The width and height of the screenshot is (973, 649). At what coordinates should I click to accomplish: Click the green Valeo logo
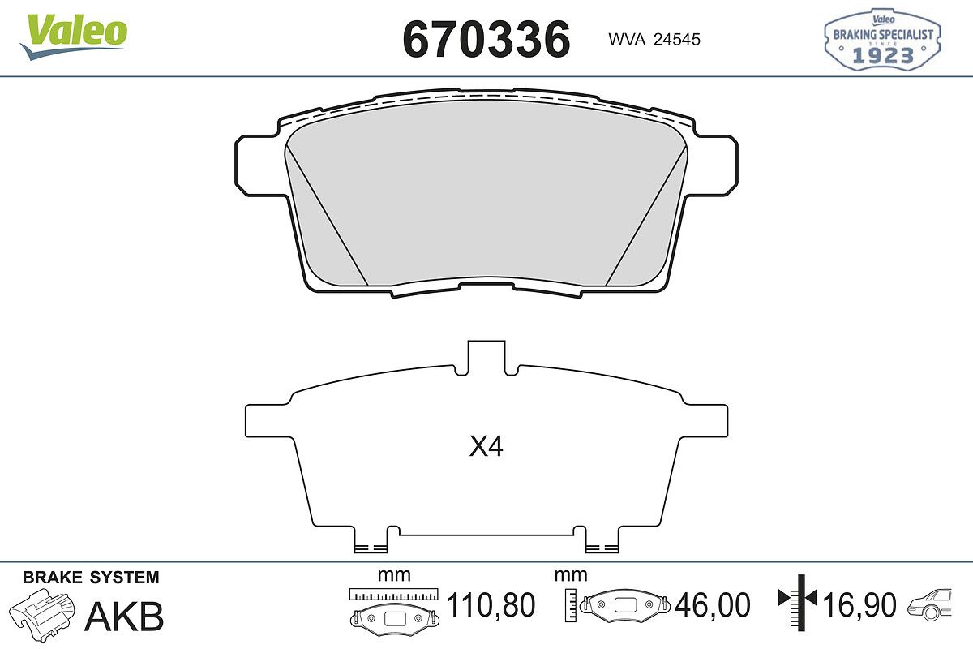(x=74, y=37)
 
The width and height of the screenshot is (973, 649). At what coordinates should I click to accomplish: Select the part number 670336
(x=486, y=40)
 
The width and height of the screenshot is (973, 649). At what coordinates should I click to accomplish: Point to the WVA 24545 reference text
(x=654, y=40)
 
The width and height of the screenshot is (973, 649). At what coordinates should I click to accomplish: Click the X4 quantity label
(x=486, y=446)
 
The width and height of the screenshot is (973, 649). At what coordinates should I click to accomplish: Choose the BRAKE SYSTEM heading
(x=91, y=578)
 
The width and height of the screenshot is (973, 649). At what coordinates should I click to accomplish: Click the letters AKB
(x=124, y=617)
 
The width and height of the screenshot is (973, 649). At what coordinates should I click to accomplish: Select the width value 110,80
(x=491, y=605)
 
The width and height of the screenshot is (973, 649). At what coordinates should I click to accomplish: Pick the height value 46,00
(x=713, y=605)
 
